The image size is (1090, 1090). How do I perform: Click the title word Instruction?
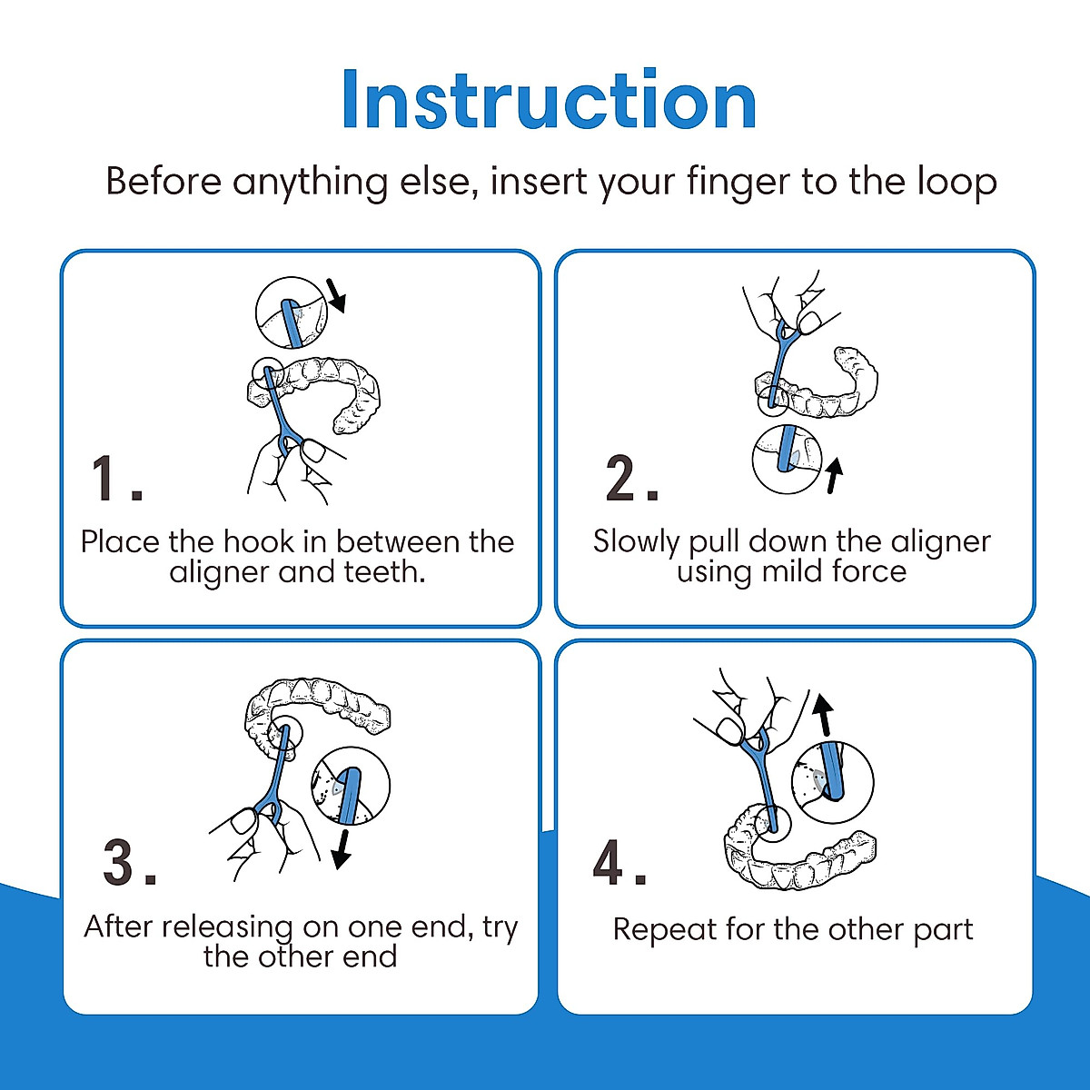[550, 100]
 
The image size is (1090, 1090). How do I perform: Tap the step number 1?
[116, 478]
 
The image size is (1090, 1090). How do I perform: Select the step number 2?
[632, 478]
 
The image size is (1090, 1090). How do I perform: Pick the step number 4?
[619, 863]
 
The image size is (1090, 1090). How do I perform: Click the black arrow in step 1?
[337, 295]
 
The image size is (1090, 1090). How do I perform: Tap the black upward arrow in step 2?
[833, 476]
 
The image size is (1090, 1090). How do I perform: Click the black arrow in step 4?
[823, 715]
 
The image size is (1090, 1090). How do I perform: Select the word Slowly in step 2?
[636, 543]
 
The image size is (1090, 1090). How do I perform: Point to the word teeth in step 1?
[384, 572]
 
